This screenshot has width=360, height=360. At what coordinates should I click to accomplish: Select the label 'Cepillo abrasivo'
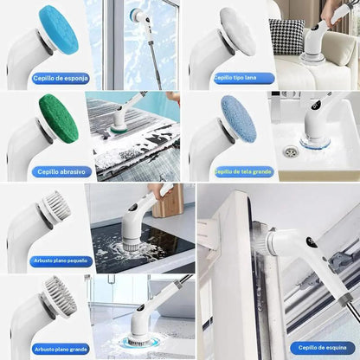(x=60, y=171)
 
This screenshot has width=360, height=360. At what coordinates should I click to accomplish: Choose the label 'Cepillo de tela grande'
(x=245, y=171)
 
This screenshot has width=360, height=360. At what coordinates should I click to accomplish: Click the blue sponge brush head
(x=57, y=28)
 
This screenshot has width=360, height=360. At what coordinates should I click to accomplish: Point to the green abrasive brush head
(x=58, y=119)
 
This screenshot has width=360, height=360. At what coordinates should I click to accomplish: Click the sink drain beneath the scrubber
(x=288, y=151)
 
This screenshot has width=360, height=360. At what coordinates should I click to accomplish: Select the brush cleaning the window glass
(x=135, y=15)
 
